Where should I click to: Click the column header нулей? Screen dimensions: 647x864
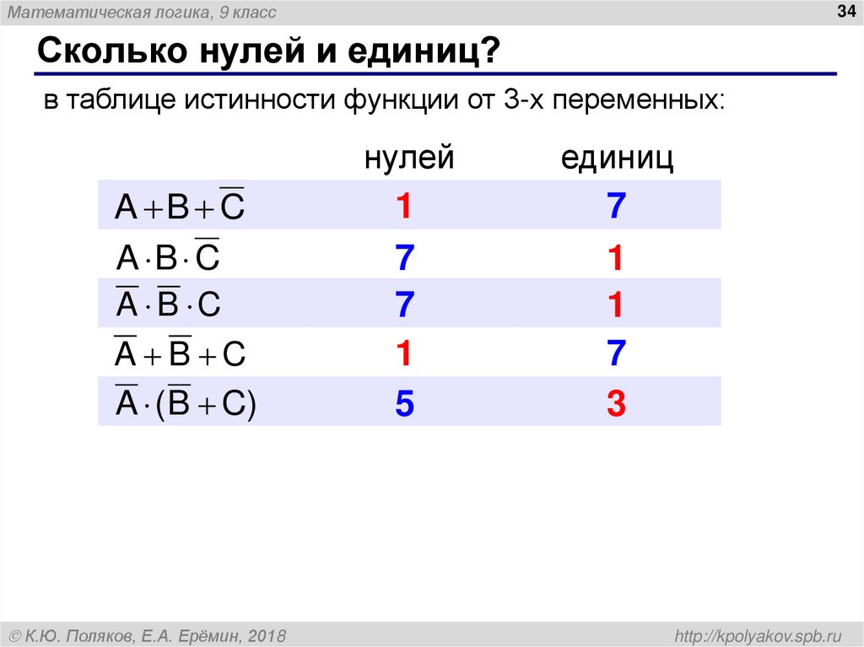[x=409, y=158]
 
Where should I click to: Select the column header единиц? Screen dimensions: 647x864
[x=618, y=158]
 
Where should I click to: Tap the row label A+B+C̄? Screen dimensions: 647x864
[x=179, y=206]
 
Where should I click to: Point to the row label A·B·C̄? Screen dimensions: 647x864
[x=167, y=256]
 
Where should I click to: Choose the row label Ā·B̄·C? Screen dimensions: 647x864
[x=167, y=305]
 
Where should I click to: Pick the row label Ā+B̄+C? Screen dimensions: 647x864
[x=179, y=354]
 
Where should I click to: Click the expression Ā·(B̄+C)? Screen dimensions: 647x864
[x=185, y=403]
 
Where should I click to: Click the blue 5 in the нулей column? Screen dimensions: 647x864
[x=404, y=406]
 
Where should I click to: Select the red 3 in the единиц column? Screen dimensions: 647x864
[x=617, y=406]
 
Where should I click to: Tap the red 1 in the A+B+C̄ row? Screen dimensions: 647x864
[x=404, y=207]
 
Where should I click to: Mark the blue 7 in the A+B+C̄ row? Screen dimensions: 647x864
[x=617, y=207]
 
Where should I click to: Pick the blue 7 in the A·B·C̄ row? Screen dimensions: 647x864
[x=404, y=258]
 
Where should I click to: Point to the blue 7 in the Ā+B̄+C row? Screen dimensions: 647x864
[x=617, y=354]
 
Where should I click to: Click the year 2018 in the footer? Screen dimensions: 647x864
[x=267, y=634]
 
